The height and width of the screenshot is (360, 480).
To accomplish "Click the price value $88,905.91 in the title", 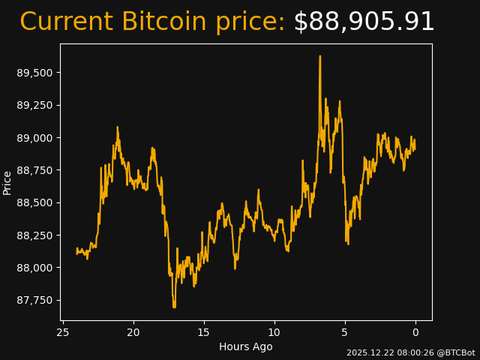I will pos(364,22).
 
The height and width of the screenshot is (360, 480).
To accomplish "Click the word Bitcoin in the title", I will pos(163,22).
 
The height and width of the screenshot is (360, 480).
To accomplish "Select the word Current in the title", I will pos(66,22).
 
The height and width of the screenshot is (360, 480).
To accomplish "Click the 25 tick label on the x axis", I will pos(63,332).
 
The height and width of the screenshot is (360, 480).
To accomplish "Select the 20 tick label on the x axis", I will pos(133,332).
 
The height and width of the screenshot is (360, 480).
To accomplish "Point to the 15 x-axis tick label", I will pos(204,332).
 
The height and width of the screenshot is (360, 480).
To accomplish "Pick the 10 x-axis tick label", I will pos(274,332).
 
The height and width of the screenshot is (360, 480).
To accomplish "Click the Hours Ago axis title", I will pos(245,346).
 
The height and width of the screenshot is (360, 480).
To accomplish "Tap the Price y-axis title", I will pos(7,182).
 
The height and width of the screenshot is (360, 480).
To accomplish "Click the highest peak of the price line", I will pos(319,56).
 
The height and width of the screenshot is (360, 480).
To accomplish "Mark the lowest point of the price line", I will pos(174,307).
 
